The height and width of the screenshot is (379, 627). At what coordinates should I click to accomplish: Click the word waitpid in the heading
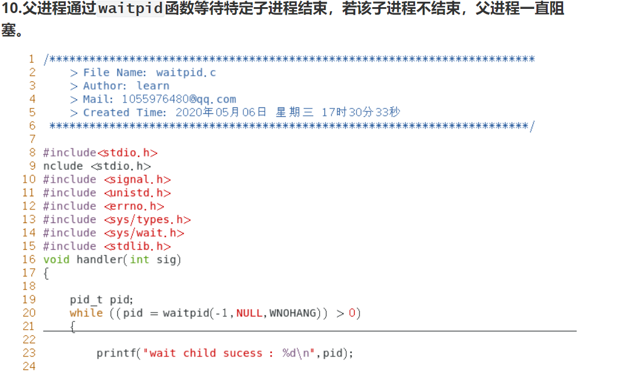(x=130, y=9)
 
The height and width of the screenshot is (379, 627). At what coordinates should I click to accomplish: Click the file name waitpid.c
(x=186, y=72)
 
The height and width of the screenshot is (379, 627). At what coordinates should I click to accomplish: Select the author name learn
(x=153, y=86)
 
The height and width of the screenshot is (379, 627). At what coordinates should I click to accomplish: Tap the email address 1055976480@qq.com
(x=179, y=99)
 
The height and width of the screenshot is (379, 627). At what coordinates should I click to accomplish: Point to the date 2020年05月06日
(x=221, y=113)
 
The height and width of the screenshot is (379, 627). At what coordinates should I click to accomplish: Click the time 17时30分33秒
(x=361, y=113)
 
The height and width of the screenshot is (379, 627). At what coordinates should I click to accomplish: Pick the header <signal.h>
(x=137, y=180)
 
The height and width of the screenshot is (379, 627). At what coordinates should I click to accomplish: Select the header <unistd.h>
(x=137, y=193)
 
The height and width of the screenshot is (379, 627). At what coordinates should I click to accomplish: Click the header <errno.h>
(x=134, y=206)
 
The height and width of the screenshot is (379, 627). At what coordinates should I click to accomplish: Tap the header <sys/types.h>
(x=147, y=219)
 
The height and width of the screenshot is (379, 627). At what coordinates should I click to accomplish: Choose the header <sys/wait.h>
(x=144, y=233)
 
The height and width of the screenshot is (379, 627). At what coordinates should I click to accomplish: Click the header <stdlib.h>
(x=137, y=246)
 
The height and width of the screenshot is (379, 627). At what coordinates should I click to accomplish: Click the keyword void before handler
(x=56, y=260)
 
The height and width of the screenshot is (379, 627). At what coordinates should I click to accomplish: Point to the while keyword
(x=86, y=313)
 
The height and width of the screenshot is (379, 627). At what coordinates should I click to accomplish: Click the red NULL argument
(x=249, y=313)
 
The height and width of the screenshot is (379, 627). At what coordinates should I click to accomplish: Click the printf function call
(x=116, y=353)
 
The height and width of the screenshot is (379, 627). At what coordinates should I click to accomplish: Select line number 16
(x=29, y=260)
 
